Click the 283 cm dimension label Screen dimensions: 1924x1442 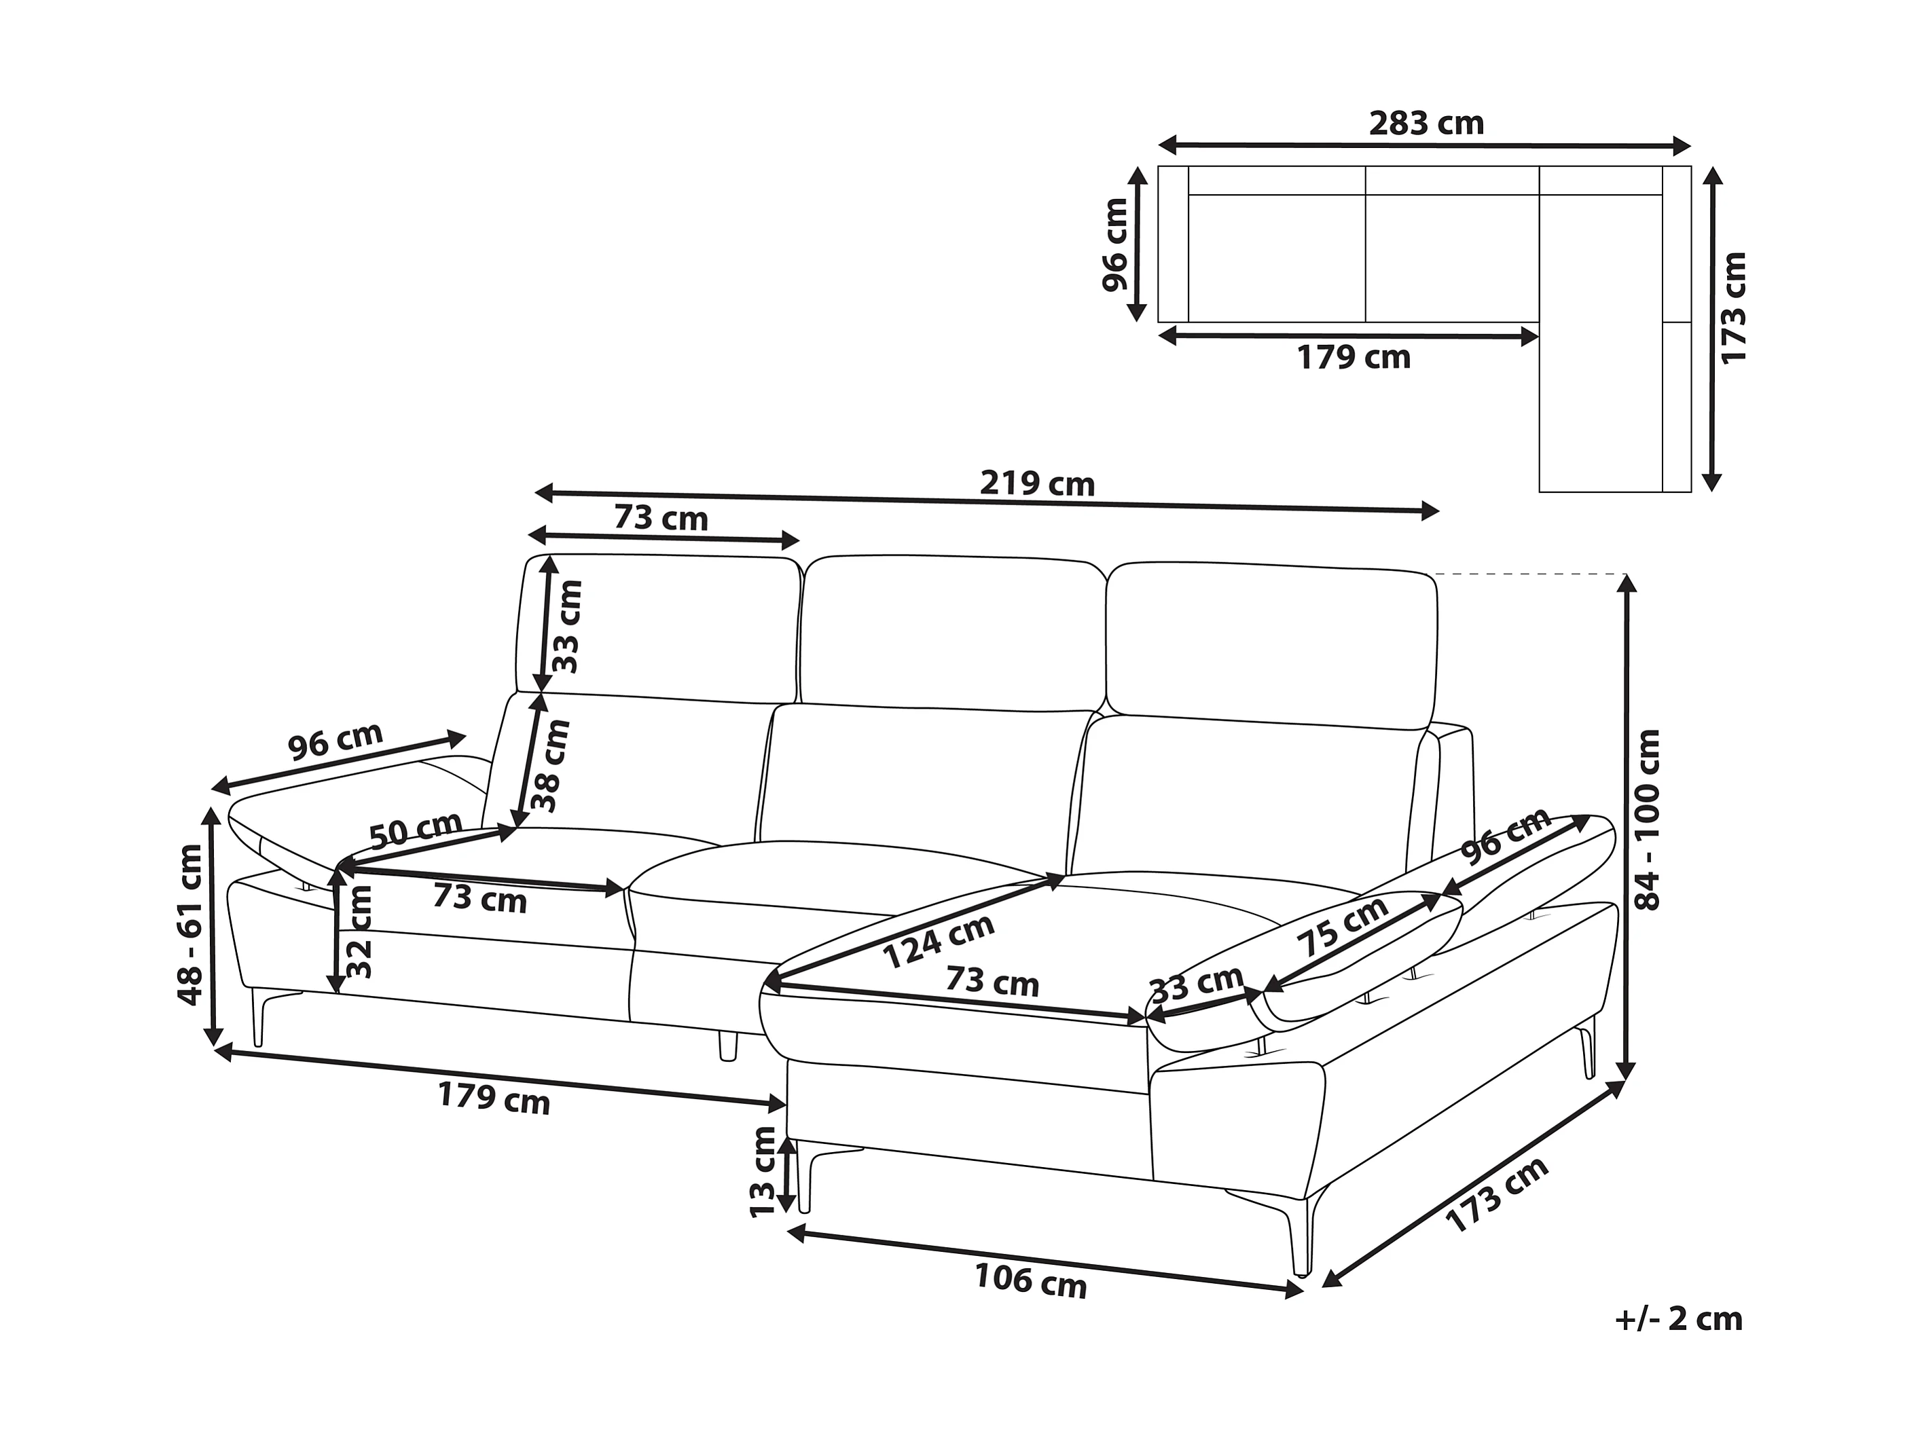(x=1426, y=124)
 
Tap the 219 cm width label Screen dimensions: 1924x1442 (x=1037, y=483)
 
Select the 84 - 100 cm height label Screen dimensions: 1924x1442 (x=1648, y=819)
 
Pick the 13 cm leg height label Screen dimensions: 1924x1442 (x=763, y=1172)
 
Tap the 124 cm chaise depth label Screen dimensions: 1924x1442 (x=939, y=941)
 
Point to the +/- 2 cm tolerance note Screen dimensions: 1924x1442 (x=1678, y=1319)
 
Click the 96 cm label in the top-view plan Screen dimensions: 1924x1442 (x=1115, y=245)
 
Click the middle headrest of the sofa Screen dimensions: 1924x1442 (x=952, y=631)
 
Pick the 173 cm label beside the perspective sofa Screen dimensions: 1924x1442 (x=1498, y=1195)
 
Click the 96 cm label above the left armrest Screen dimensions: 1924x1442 (x=335, y=741)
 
